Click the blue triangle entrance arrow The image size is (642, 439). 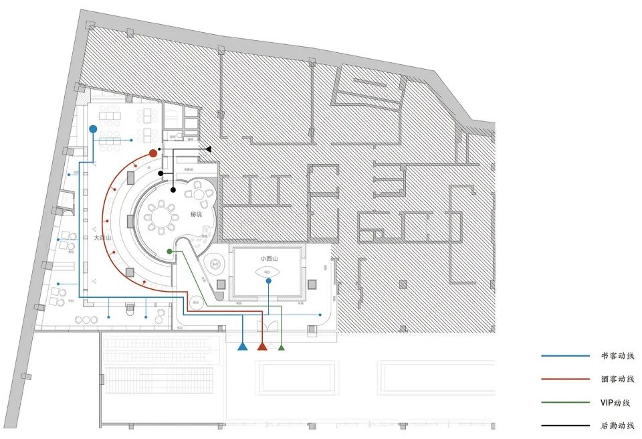tap(242, 346)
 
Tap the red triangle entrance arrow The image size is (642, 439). tap(262, 346)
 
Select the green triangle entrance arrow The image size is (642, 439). tap(282, 347)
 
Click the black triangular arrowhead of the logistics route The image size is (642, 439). tap(209, 149)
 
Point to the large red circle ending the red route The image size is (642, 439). tap(153, 153)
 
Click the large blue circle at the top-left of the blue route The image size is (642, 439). tap(93, 128)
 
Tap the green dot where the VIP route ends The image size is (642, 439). tap(169, 251)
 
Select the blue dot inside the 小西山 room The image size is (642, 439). tap(268, 281)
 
